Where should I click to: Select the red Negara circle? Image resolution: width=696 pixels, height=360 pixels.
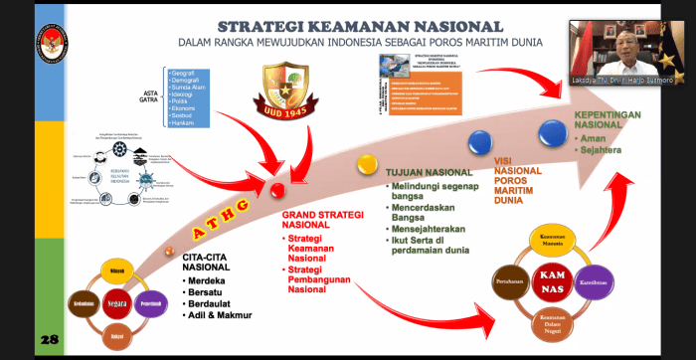pyautogui.click(x=116, y=301)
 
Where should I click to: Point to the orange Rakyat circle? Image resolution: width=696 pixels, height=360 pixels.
pyautogui.click(x=116, y=332)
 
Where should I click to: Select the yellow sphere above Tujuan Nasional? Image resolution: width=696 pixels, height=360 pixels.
pyautogui.click(x=367, y=162)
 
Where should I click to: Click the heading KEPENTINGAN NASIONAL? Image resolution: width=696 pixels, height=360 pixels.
pyautogui.click(x=607, y=120)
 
